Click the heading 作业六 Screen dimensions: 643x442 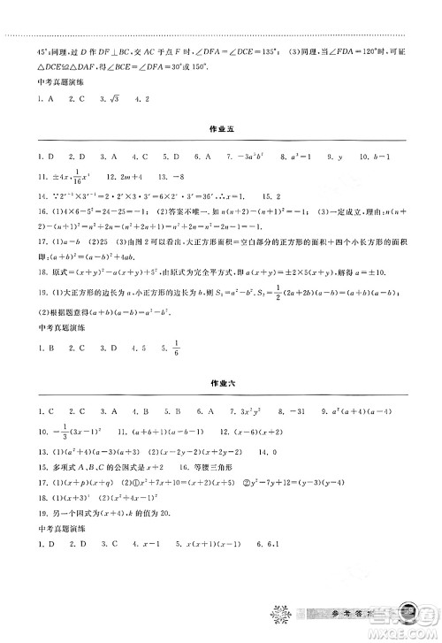click(x=220, y=387)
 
